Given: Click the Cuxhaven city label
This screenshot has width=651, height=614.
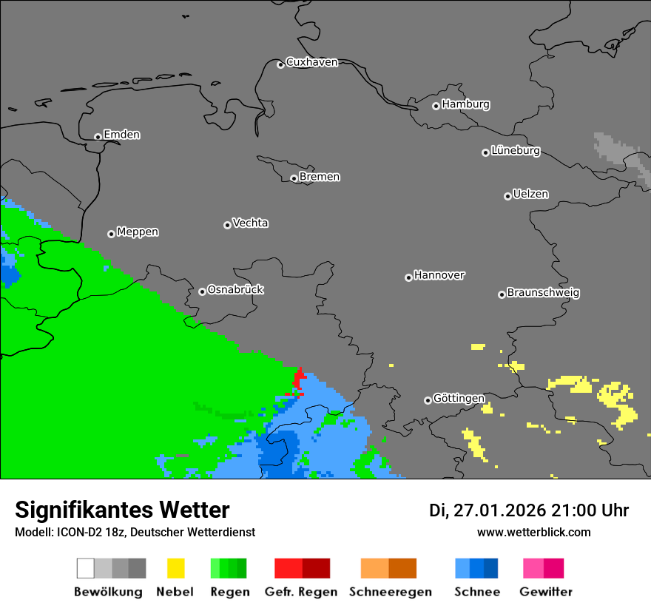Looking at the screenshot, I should point(311,62).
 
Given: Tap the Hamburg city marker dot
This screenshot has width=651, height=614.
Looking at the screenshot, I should point(436,106).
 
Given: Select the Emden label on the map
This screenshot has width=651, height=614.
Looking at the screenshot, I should point(121,135).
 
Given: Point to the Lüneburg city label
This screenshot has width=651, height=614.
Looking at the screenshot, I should point(515,150).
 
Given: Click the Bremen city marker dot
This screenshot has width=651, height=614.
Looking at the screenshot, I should point(294,178).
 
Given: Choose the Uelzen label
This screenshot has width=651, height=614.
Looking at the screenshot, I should point(530,194).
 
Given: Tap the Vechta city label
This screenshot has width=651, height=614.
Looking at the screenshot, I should point(250,223).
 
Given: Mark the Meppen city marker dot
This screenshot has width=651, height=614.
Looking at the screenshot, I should point(111,234).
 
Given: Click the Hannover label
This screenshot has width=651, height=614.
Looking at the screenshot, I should point(439,275).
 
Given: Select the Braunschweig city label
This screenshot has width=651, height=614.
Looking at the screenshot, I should point(543,292).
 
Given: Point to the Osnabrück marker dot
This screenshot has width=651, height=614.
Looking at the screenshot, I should point(202,291).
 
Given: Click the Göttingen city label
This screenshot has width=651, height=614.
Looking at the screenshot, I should point(459,398).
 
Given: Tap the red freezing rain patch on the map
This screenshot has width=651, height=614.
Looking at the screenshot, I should point(299,379).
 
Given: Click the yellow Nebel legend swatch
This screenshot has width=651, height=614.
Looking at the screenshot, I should point(175,568).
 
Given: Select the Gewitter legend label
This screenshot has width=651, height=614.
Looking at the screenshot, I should point(546,592).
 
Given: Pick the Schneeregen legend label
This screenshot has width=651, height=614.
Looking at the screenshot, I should point(390,592).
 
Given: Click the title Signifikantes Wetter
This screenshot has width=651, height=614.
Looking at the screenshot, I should point(122,510).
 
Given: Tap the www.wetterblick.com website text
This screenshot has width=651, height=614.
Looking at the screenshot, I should point(533,532).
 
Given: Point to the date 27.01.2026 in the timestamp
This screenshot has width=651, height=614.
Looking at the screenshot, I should point(499,510).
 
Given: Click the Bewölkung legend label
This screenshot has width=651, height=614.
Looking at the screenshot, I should point(108,592).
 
